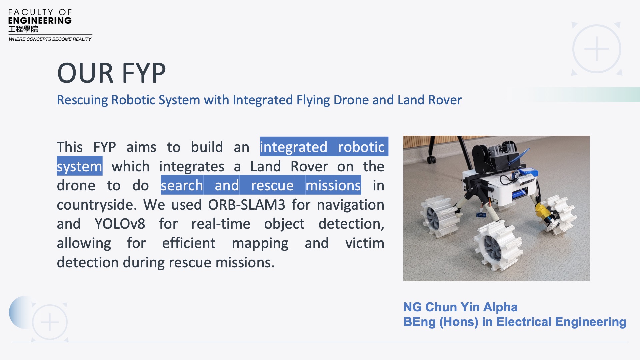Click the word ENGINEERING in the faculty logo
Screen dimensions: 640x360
(x=40, y=21)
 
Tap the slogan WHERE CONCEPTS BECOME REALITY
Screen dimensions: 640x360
(x=50, y=39)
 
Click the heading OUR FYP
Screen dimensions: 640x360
(x=111, y=73)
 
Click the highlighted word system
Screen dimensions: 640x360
(x=79, y=166)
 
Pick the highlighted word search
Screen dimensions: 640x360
(x=182, y=185)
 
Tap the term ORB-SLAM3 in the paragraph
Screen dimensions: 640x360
(x=247, y=205)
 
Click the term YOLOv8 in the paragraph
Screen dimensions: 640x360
(x=120, y=224)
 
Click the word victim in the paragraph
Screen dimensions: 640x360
(x=365, y=243)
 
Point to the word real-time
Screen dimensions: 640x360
(x=221, y=224)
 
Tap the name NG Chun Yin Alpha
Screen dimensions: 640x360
(x=460, y=307)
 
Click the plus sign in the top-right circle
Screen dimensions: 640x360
(x=597, y=49)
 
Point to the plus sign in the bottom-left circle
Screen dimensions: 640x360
(x=50, y=322)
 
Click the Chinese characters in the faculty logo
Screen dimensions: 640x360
(x=23, y=29)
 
